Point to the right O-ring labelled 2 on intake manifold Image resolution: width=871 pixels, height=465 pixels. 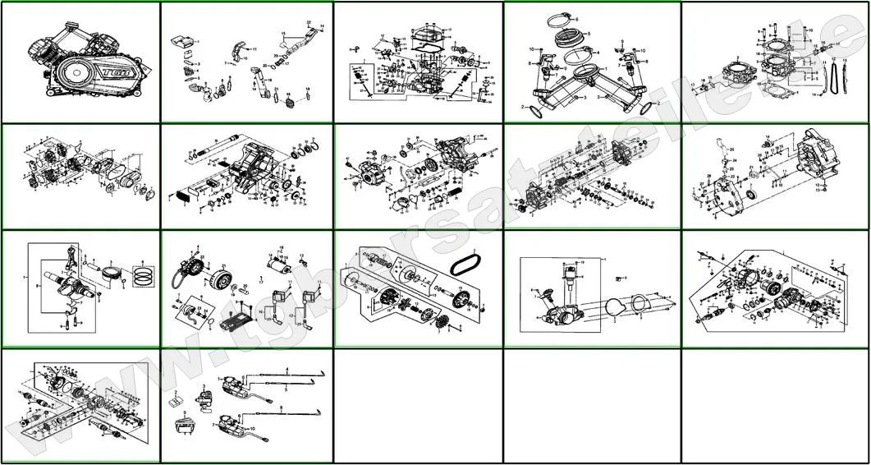click(x=612, y=96)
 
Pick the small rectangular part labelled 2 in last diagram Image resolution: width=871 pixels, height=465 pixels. click(x=175, y=402)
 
